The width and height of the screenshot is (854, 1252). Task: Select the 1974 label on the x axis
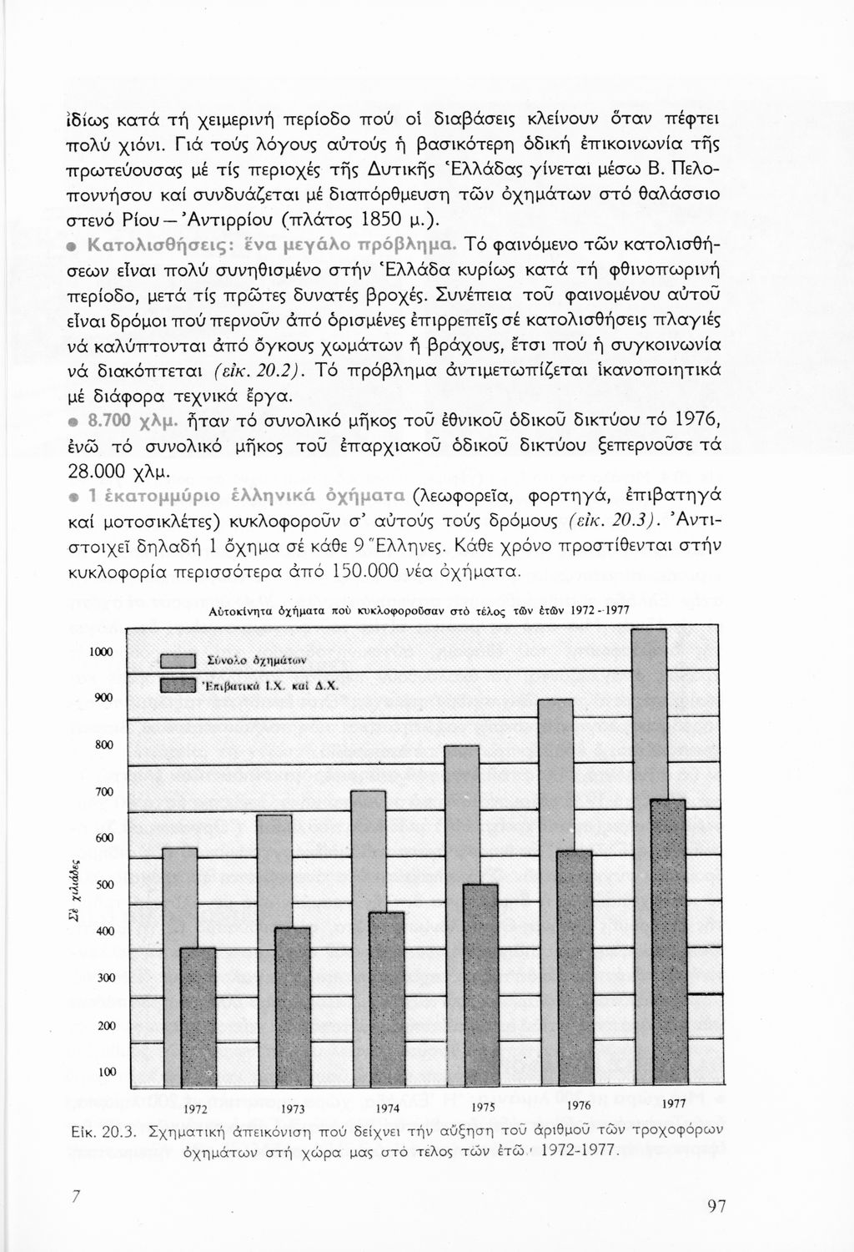coord(389,1109)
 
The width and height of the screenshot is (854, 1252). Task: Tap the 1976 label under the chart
coord(577,1106)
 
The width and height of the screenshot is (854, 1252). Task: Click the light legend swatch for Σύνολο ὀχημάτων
coord(177,662)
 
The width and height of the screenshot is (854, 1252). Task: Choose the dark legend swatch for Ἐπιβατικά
coord(177,686)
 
